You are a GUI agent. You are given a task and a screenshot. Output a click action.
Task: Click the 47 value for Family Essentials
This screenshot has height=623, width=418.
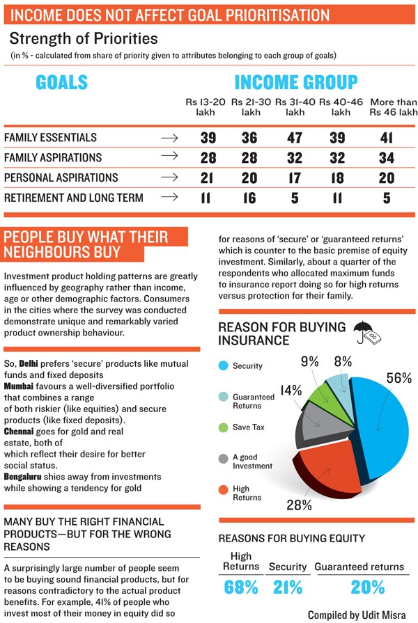click(x=295, y=138)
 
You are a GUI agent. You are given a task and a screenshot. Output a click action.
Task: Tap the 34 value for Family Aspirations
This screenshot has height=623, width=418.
click(x=386, y=158)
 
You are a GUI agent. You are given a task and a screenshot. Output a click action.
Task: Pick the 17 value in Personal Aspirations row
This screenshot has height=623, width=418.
click(x=295, y=178)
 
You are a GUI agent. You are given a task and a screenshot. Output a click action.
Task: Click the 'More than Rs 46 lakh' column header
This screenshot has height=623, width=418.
click(x=394, y=107)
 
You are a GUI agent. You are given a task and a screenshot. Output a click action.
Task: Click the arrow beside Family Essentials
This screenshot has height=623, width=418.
click(x=169, y=138)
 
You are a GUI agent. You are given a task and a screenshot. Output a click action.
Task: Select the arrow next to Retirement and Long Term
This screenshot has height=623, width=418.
click(x=169, y=198)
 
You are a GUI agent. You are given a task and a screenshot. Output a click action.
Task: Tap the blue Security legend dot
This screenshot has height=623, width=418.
click(x=224, y=365)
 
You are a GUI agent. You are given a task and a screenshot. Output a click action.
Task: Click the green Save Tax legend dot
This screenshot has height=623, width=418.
click(x=224, y=427)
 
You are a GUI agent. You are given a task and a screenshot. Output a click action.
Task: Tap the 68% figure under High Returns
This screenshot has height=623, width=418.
click(x=240, y=587)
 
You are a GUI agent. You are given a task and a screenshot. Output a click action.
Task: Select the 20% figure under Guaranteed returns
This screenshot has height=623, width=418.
click(x=359, y=587)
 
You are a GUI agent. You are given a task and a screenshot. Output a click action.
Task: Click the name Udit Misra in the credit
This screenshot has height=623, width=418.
click(x=384, y=615)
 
